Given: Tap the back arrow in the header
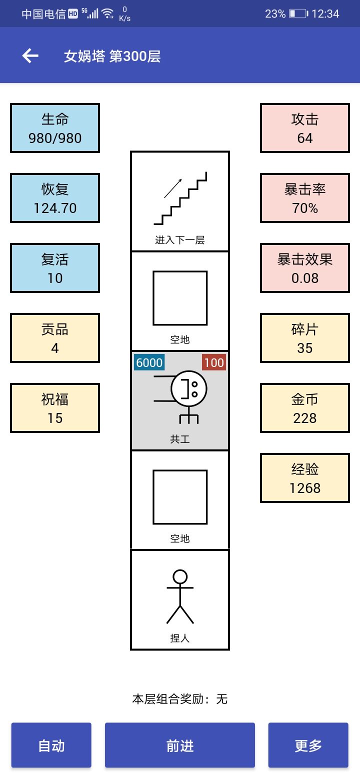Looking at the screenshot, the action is tap(30, 55).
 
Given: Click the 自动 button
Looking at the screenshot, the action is tap(51, 745).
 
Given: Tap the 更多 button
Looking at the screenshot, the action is tap(308, 745).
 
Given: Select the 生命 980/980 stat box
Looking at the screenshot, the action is tap(55, 128).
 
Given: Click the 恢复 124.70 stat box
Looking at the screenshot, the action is tap(55, 198).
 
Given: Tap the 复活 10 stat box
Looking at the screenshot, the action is tap(55, 268).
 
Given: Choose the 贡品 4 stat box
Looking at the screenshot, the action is tap(55, 338).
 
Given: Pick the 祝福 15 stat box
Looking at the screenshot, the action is tap(55, 408).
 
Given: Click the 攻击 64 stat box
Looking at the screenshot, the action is tap(305, 128).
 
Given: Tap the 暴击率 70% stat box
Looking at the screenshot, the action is tap(305, 198).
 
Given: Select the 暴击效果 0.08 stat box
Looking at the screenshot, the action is tap(305, 268).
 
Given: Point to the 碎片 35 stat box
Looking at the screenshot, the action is tap(305, 338).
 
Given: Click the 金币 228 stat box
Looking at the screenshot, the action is tap(305, 408).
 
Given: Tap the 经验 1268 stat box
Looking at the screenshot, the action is tap(305, 478).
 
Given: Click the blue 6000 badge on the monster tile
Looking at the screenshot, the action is tap(149, 362).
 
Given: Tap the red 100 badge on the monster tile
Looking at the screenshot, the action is tap(214, 362).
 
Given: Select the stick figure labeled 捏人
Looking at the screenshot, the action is tap(180, 596).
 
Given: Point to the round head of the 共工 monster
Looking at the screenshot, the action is tap(189, 388).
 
